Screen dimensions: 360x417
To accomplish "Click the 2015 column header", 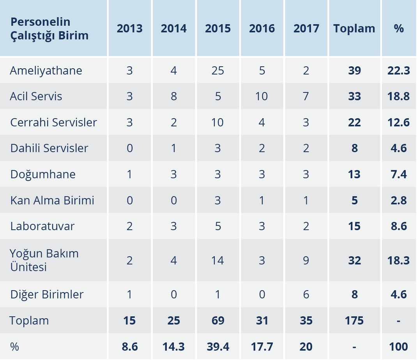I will point(218,28).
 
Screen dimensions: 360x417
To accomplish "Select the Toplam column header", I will point(354,28).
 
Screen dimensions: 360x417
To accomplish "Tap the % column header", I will point(399,28).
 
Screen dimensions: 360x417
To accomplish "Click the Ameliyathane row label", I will point(46,71).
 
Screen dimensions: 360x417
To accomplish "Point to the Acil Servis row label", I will point(36,96).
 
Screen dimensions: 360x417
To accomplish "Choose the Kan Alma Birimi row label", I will point(52,200).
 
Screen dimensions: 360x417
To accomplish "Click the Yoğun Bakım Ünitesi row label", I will point(44,260).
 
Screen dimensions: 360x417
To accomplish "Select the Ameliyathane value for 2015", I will point(218,71).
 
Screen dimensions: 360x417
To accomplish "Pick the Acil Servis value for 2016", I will point(262,96).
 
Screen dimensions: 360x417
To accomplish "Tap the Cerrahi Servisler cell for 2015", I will point(218,122).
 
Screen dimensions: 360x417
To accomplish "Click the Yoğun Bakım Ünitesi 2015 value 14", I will point(218,260).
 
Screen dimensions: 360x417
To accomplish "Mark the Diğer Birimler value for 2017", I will point(306,294).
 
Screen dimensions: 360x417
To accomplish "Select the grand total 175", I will point(354,321).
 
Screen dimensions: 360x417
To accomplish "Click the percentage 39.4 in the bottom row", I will point(218,346).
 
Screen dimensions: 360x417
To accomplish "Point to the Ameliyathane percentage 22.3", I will point(399,71).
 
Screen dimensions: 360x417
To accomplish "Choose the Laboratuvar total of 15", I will point(354,226).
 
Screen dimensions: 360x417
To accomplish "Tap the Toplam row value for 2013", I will point(130,321).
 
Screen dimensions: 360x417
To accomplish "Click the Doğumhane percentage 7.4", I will point(399,174).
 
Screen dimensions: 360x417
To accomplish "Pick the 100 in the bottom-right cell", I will point(399,346).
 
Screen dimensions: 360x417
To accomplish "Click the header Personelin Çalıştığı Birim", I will point(49,28).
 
